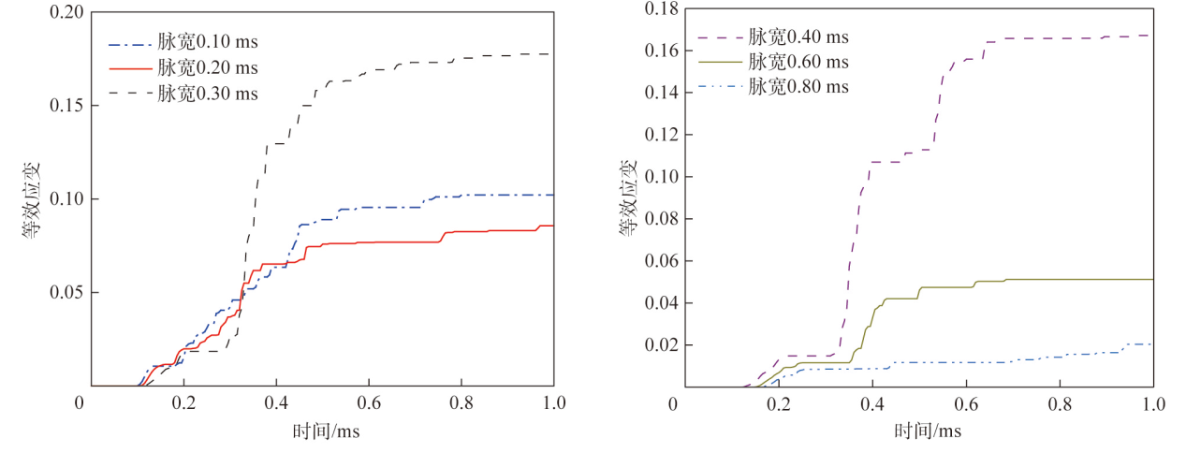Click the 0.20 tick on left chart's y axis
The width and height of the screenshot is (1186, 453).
point(66,13)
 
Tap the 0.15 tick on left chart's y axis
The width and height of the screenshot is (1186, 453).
point(66,106)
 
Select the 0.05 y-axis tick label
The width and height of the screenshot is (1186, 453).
point(66,292)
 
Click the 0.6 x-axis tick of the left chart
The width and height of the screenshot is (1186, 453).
point(369,403)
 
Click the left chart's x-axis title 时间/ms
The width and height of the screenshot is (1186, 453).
point(324,431)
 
